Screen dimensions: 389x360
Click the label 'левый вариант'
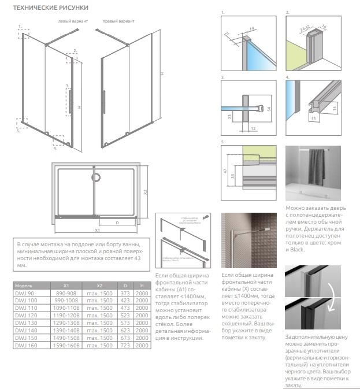73,21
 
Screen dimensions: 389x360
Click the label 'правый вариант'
118,21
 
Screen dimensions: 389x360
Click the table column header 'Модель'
24,286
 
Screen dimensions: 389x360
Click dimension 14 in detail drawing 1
253,28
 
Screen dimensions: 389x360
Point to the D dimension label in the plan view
117,222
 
